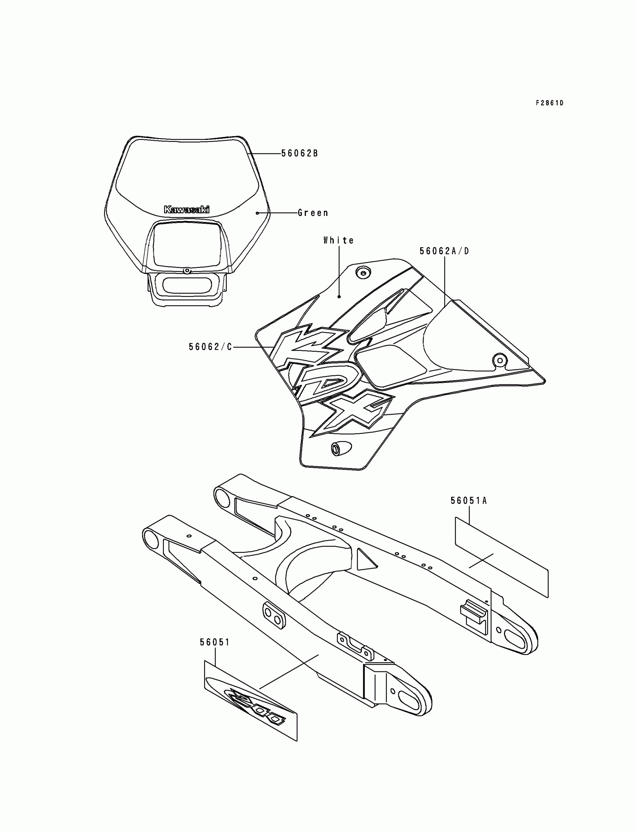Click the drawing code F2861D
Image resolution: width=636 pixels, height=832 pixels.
pos(549,103)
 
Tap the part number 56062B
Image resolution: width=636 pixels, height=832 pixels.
pos(299,153)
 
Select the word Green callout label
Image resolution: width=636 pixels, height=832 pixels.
pos(313,213)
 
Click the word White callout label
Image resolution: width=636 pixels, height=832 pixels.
pos(339,241)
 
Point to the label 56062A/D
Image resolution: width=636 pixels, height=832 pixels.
pos(444,251)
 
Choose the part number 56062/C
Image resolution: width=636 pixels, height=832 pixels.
pos(210,347)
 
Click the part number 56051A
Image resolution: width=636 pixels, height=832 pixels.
pos(469,501)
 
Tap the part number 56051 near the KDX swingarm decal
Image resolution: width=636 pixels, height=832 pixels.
pos(215,642)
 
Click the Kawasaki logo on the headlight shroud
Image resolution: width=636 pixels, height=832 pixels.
pos(186,210)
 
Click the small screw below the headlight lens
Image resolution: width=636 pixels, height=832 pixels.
pos(186,271)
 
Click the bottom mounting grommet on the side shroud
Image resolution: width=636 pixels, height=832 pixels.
pos(336,449)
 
